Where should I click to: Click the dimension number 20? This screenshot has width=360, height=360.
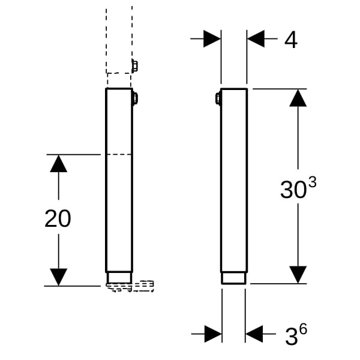tap(58, 218)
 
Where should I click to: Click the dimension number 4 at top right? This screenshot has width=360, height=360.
tap(291, 40)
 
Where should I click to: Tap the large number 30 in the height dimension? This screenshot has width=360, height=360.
tap(293, 190)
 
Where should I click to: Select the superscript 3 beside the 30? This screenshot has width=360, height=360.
tap(312, 183)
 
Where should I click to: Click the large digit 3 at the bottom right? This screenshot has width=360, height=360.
tap(292, 337)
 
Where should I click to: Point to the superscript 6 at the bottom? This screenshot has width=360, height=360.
tap(303, 329)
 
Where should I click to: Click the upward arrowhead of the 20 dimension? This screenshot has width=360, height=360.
tap(59, 163)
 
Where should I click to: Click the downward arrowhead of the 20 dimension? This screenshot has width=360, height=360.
tap(59, 277)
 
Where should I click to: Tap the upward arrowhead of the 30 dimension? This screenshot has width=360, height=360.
tap(298, 98)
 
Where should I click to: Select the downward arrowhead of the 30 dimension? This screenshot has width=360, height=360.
tap(298, 275)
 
